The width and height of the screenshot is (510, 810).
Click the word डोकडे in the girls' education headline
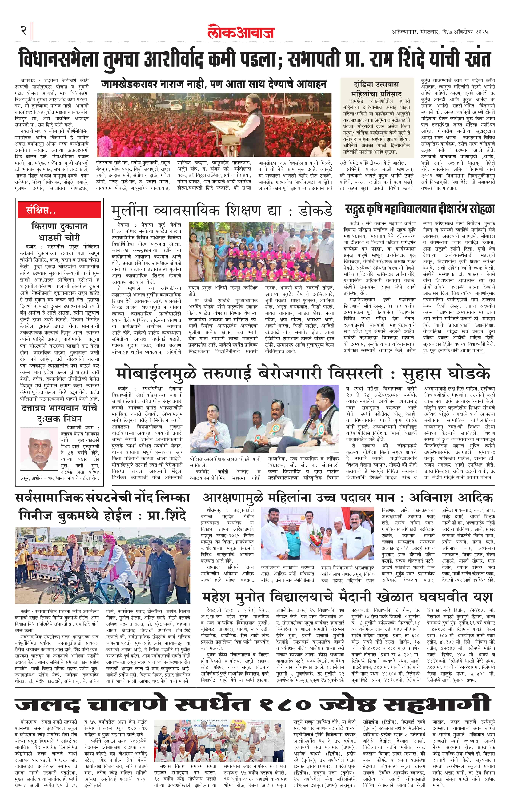(315, 211)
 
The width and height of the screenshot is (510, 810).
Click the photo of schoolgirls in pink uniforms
(261, 252)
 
